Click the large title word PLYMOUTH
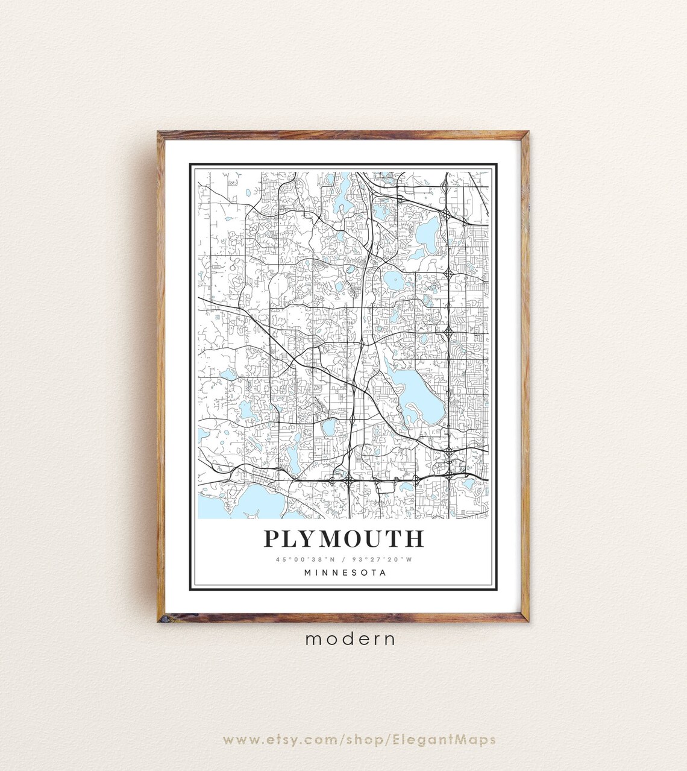[343, 538]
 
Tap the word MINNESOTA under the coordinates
[345, 573]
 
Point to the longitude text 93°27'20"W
[386, 559]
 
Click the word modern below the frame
[350, 639]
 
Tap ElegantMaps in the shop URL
[445, 739]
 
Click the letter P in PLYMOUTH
[272, 538]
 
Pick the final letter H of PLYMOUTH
[415, 538]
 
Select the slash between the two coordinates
[343, 559]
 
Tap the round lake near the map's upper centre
[394, 279]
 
